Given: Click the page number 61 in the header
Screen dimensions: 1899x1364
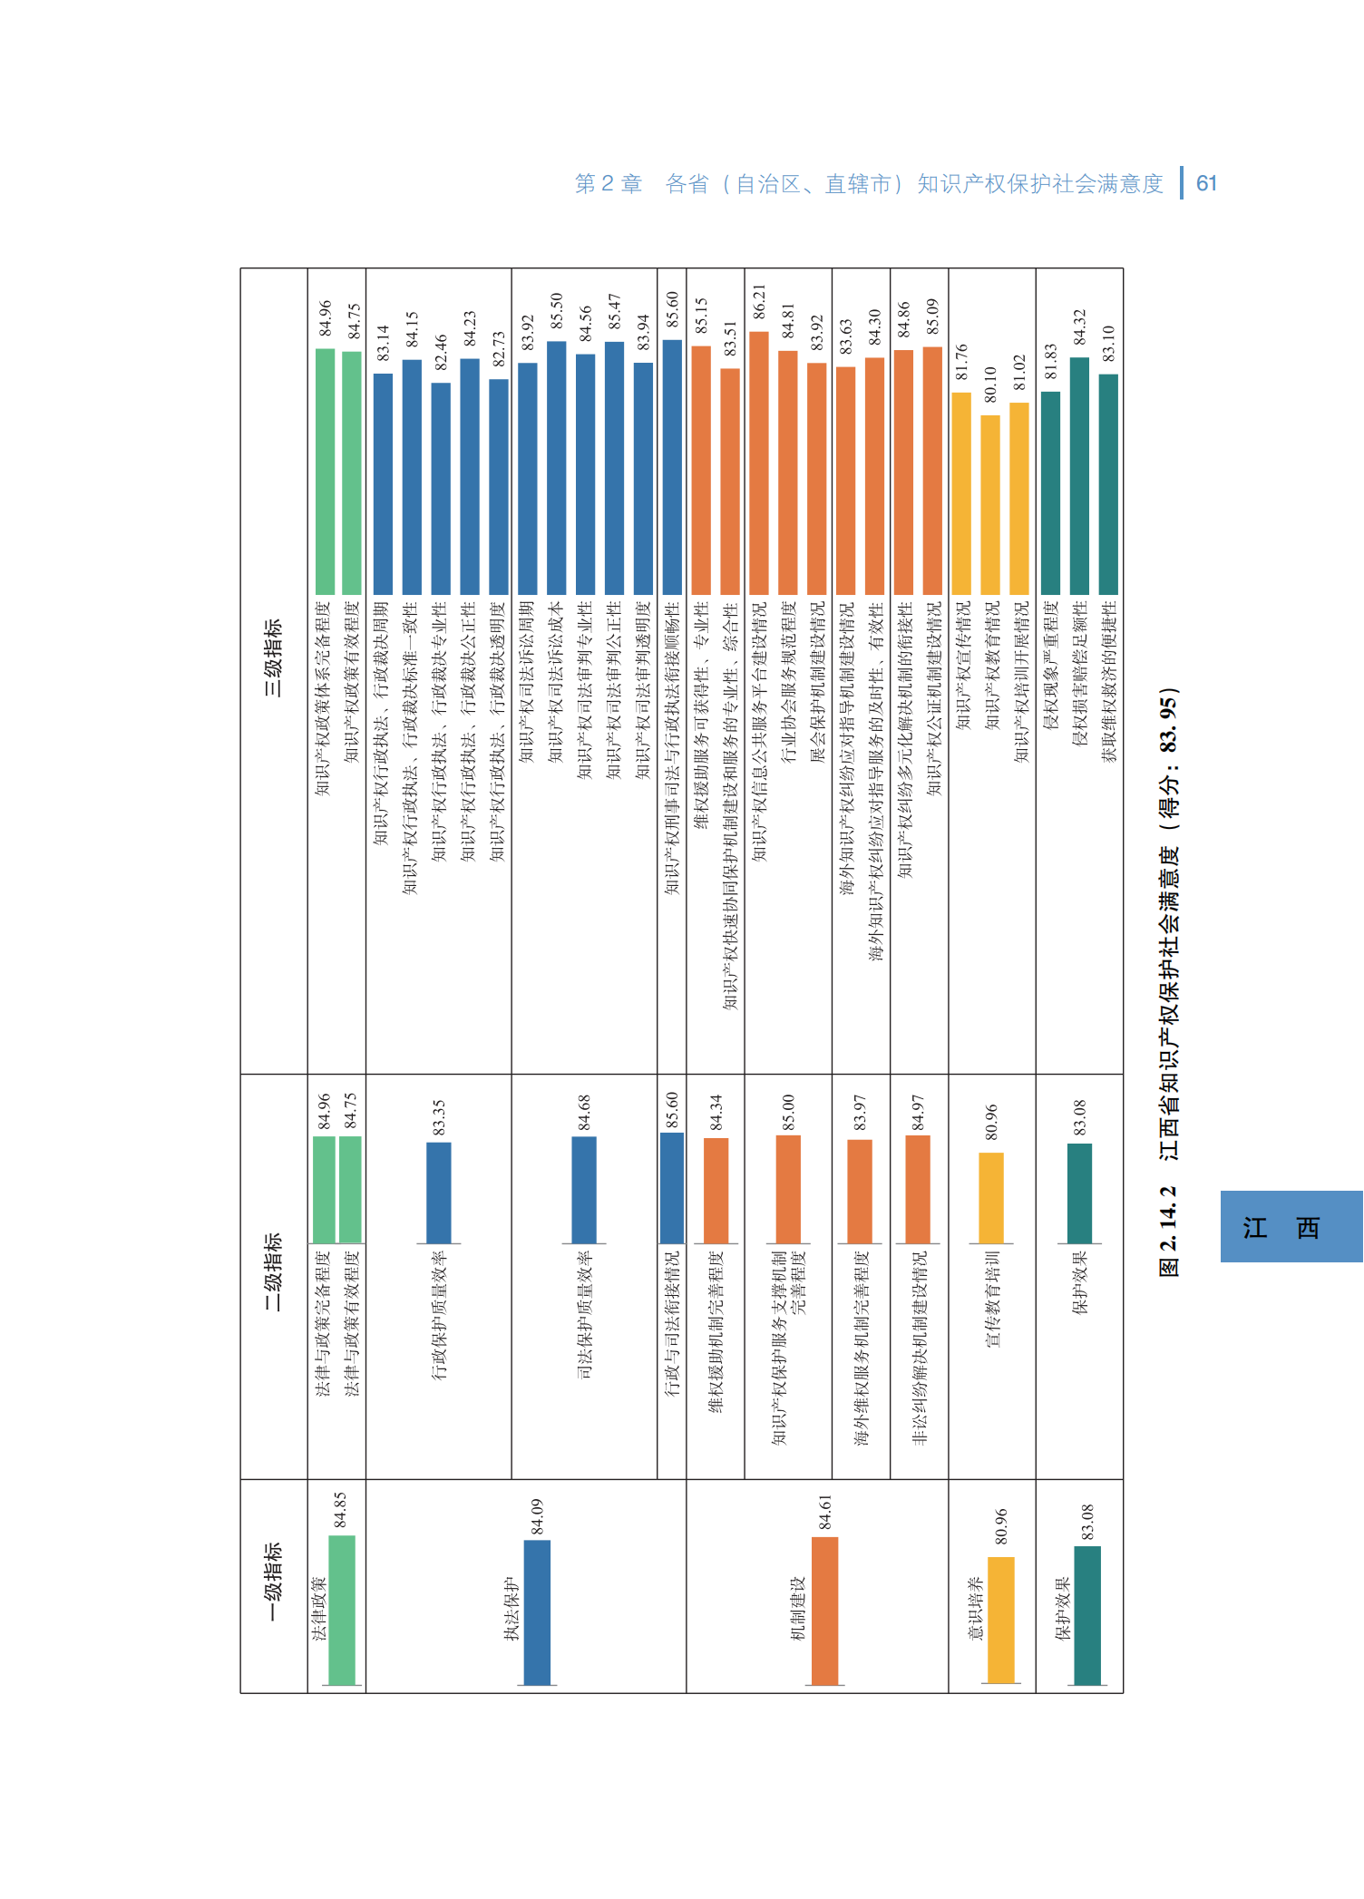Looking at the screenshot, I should [x=1206, y=184].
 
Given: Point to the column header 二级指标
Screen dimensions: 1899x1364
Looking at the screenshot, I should [x=273, y=1271].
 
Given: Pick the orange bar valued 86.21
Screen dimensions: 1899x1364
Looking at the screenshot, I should [x=759, y=463].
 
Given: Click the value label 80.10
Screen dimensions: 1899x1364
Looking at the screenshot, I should [x=990, y=385].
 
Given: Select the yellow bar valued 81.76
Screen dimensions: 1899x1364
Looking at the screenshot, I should [x=961, y=493].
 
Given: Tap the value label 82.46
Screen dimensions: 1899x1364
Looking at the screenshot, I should [x=441, y=353].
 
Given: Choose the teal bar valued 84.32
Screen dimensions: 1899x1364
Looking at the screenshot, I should [x=1079, y=476].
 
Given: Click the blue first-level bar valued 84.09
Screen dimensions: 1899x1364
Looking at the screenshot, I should [x=538, y=1612].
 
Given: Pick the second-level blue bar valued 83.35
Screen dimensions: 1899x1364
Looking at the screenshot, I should [x=439, y=1193].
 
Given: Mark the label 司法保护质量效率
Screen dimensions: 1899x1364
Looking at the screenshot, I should [x=584, y=1314].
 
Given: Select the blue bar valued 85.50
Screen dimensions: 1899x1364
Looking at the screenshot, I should [x=557, y=468].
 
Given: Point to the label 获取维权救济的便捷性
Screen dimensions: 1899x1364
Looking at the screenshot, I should [x=1108, y=681].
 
